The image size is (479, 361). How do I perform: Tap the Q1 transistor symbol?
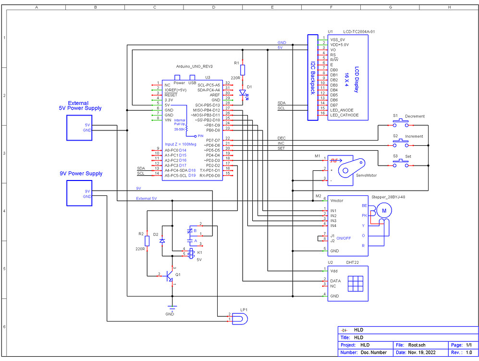pyautogui.click(x=170, y=276)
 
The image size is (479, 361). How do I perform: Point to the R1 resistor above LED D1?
pyautogui.click(x=243, y=70)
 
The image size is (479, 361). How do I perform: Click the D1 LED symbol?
pyautogui.click(x=243, y=93)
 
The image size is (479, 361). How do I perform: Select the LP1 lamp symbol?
pyautogui.click(x=240, y=318)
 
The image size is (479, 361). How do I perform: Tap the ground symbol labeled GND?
pyautogui.click(x=170, y=309)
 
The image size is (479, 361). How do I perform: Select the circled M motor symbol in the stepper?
pyautogui.click(x=383, y=210)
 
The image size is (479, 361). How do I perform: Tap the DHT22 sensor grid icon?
pyautogui.click(x=355, y=282)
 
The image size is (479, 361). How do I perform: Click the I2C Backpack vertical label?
pyautogui.click(x=313, y=77)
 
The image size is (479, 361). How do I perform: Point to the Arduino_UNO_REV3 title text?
pyautogui.click(x=195, y=66)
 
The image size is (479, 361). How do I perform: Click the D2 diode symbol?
pyautogui.click(x=162, y=240)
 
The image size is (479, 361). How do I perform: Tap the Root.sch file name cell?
pyautogui.click(x=417, y=345)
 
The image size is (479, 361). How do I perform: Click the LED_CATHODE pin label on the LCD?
pyautogui.click(x=344, y=115)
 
